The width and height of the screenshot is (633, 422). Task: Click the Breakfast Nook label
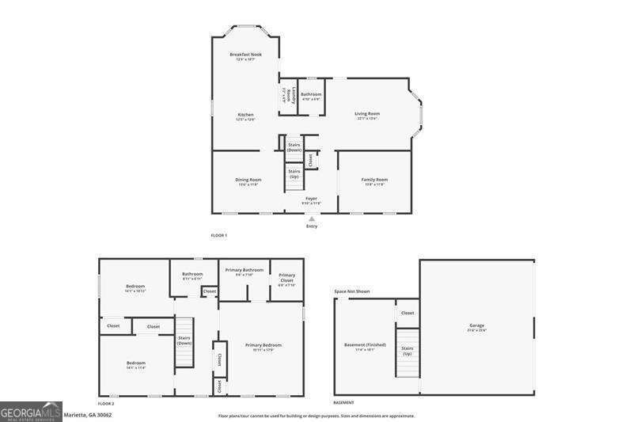tap(245, 55)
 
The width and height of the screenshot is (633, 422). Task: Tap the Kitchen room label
tap(245, 116)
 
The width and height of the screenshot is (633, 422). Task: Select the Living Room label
tap(367, 115)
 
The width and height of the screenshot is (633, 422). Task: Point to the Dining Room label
tap(248, 181)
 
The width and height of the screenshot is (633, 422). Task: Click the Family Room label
tap(374, 181)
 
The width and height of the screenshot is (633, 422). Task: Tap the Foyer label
tap(311, 200)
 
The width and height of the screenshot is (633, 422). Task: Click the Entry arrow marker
tap(311, 219)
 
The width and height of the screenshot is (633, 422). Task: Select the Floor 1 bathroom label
tap(311, 96)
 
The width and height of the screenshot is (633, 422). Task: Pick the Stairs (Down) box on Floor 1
tap(294, 147)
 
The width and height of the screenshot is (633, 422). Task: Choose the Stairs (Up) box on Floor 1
tap(294, 173)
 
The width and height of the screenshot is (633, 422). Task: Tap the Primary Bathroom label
tap(244, 272)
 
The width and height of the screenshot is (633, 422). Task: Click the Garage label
tap(476, 326)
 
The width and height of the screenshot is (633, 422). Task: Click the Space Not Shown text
tap(351, 291)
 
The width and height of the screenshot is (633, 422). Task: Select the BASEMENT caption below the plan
tap(343, 404)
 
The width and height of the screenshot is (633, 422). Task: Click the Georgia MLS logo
tap(31, 412)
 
